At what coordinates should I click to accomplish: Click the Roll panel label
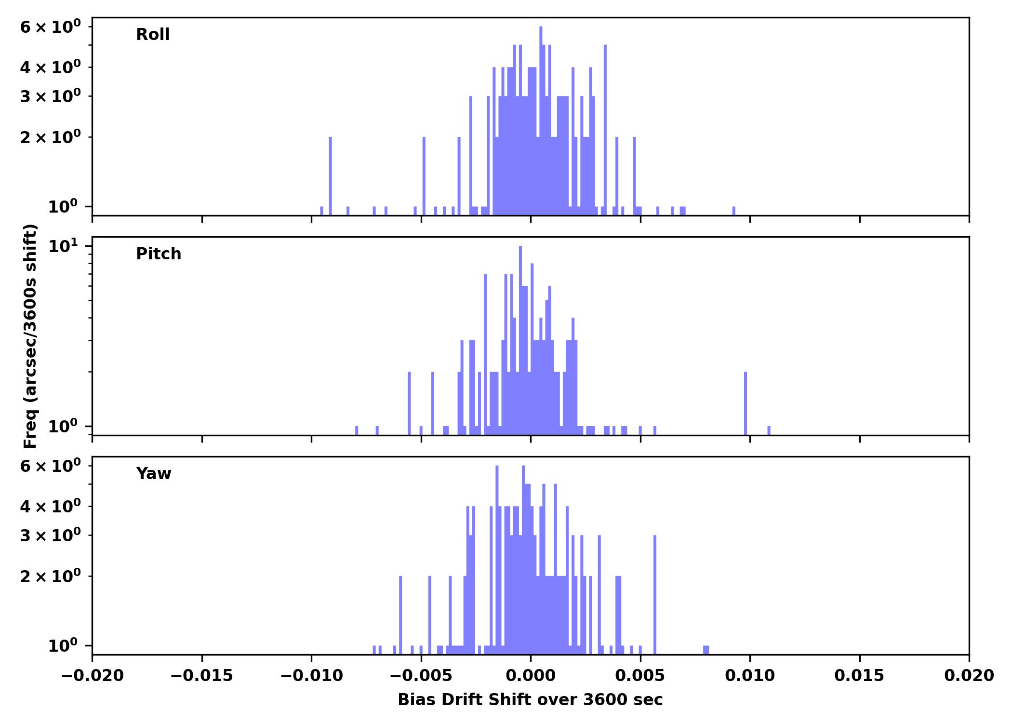point(153,35)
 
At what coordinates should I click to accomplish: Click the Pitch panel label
point(159,254)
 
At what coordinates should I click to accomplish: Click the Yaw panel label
point(154,474)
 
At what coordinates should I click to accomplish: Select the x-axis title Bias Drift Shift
point(530,700)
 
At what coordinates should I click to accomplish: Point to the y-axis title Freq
point(30,336)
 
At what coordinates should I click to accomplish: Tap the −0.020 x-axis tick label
point(92,676)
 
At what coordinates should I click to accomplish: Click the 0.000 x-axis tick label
point(531,676)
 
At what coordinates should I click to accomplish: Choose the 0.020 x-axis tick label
point(969,676)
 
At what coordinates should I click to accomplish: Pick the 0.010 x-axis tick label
point(750,676)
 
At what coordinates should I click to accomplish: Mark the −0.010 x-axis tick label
point(311,676)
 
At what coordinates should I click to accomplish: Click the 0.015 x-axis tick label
point(859,676)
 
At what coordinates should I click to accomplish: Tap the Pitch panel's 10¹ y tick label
point(63,247)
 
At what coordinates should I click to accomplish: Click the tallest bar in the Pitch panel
point(520,337)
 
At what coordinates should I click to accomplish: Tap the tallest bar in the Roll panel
point(541,120)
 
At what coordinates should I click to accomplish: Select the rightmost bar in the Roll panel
point(734,211)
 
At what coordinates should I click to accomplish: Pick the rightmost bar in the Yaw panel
point(706,650)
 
